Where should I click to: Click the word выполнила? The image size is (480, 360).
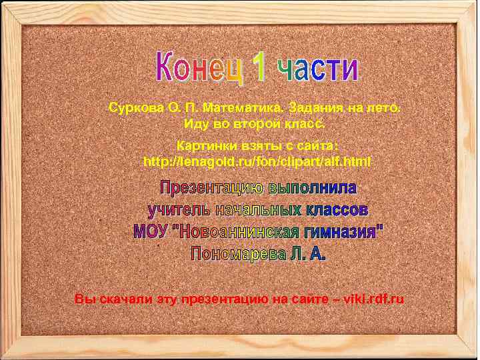coord(313,186)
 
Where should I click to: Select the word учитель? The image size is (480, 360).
coord(176,209)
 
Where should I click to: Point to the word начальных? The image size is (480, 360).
coord(256,209)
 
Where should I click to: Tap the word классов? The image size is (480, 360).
coord(337,209)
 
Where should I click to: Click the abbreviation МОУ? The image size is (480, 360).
coord(151,232)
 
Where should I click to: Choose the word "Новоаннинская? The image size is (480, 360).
coord(237,232)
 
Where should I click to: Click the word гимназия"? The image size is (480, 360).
coord(344,232)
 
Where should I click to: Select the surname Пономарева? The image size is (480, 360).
coord(239,254)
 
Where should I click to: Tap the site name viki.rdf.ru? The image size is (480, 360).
coord(372,300)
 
